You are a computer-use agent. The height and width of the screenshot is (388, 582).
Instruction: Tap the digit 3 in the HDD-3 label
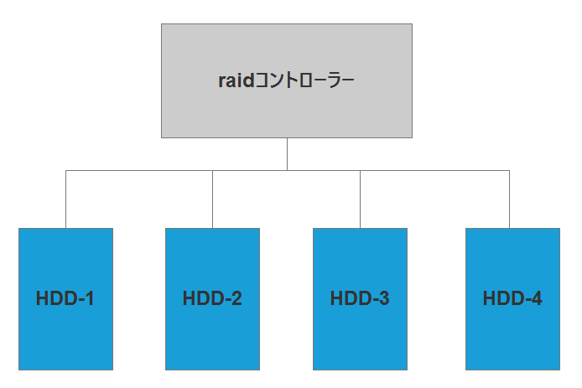coord(383,298)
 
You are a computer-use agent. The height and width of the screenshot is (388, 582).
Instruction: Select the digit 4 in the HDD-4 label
coord(536,298)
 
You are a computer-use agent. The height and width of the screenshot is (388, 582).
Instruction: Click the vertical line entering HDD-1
coord(65,199)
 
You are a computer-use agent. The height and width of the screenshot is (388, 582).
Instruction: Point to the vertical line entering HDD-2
coord(212,199)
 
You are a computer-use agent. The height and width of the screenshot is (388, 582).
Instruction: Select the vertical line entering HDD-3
coord(361,199)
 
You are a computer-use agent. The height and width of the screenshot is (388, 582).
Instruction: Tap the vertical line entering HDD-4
coord(509,199)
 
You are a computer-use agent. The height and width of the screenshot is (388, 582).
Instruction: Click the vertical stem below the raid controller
coord(287,153)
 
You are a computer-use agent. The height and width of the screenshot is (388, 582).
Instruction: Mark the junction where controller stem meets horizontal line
coord(287,170)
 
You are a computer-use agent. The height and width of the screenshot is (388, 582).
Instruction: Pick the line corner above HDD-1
coord(65,170)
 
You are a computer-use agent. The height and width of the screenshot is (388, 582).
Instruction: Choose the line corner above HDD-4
coord(509,170)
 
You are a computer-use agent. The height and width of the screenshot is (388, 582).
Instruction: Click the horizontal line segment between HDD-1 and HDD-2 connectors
coord(138,170)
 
